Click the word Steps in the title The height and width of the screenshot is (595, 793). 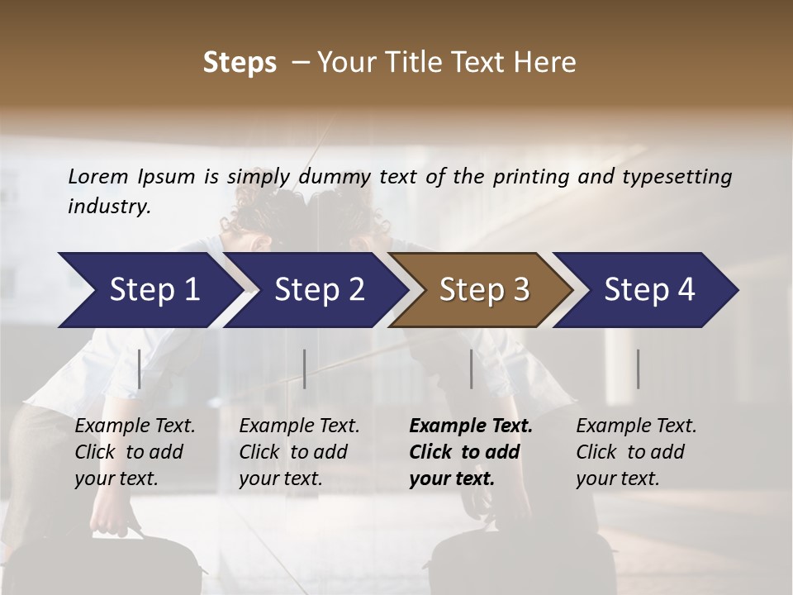[x=240, y=63]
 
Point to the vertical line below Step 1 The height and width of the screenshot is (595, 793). [x=140, y=369]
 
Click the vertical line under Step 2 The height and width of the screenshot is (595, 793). [x=305, y=369]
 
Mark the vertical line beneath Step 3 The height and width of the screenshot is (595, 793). [x=472, y=369]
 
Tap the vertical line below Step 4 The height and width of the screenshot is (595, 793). [x=639, y=369]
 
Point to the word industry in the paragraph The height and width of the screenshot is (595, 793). [x=109, y=207]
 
